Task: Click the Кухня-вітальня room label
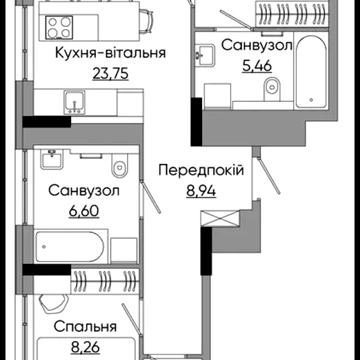click(x=110, y=53)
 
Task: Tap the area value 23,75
click(x=111, y=73)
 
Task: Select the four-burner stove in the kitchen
click(x=59, y=27)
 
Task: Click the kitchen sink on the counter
click(x=75, y=102)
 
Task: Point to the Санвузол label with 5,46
click(x=256, y=45)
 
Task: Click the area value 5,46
click(x=256, y=66)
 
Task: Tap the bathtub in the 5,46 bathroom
click(x=311, y=72)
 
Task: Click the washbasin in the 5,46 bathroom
click(x=205, y=54)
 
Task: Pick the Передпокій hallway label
click(x=201, y=171)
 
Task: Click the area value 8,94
click(x=202, y=191)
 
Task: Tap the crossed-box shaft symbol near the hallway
click(x=220, y=218)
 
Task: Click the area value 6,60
click(x=84, y=211)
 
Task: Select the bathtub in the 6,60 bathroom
click(x=68, y=247)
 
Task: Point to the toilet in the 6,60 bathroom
click(x=118, y=165)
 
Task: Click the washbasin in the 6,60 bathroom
click(x=52, y=159)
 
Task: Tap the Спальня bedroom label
click(x=85, y=326)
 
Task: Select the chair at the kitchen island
click(x=145, y=21)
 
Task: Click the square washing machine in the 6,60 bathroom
click(x=124, y=250)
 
